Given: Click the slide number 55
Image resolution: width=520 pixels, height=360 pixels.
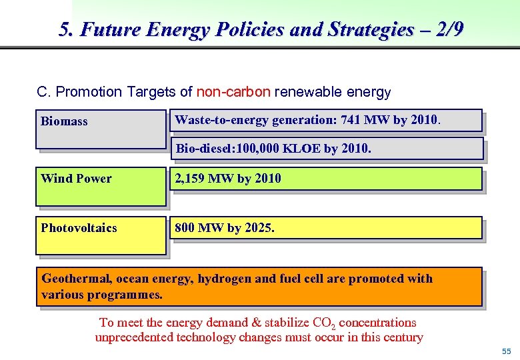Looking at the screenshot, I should tap(506, 351).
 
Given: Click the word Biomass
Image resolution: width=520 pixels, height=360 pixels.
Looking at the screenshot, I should tap(64, 121).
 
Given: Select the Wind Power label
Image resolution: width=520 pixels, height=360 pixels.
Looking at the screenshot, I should tap(76, 178).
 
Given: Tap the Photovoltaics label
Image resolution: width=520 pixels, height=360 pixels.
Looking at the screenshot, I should tap(79, 228).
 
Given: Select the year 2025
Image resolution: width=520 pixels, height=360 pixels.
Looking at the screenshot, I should tap(257, 228).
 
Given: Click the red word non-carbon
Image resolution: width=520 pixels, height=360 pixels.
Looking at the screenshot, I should tap(233, 92).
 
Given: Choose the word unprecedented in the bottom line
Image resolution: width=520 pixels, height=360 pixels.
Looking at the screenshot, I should tap(134, 337).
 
